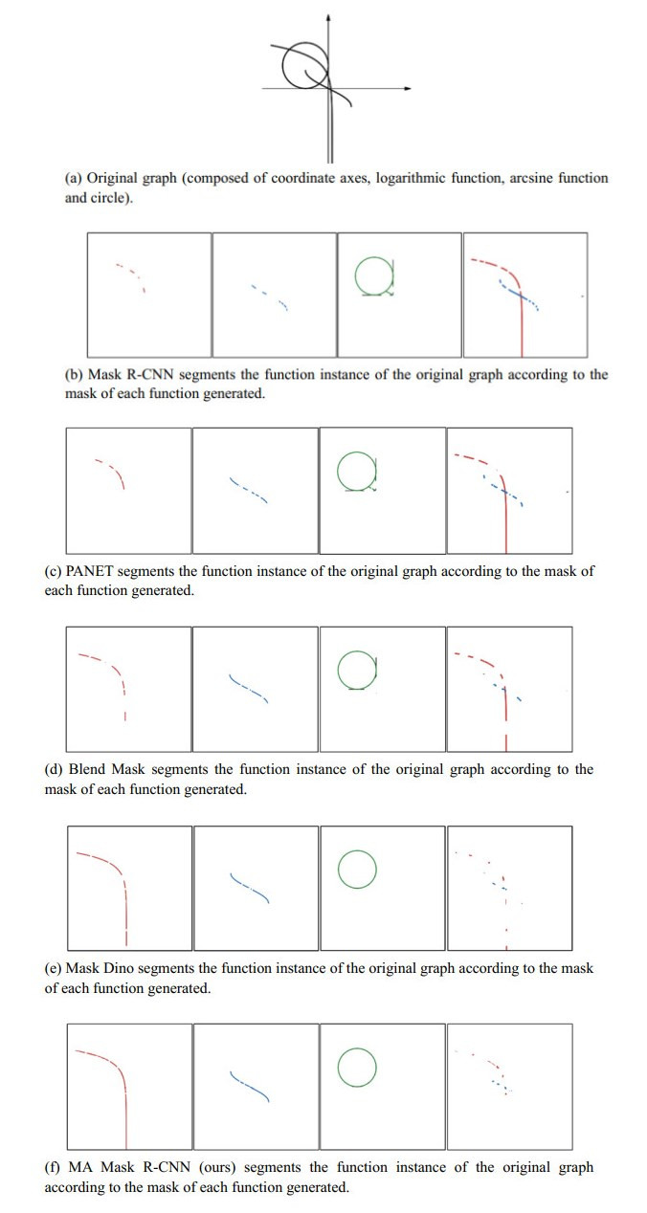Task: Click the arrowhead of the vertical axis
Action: [x=329, y=18]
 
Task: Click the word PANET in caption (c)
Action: [x=88, y=571]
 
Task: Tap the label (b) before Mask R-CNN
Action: [x=74, y=375]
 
